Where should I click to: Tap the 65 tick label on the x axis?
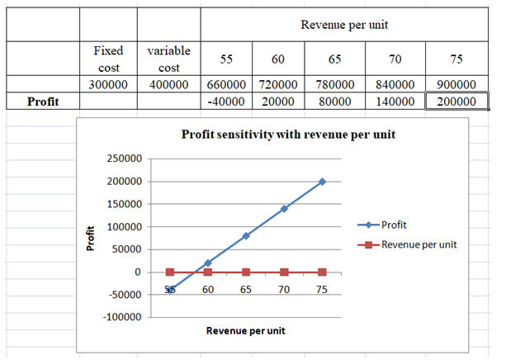pyautogui.click(x=246, y=290)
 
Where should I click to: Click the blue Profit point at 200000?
pyautogui.click(x=322, y=182)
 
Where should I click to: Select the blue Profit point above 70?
pyautogui.click(x=284, y=209)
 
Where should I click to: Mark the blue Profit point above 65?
pyautogui.click(x=246, y=236)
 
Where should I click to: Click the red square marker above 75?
pyautogui.click(x=322, y=272)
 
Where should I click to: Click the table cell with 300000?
pyautogui.click(x=107, y=84)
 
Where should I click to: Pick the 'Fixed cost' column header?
pyautogui.click(x=107, y=59)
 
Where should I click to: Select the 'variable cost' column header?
pyautogui.click(x=168, y=59)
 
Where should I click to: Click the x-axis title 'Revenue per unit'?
pyautogui.click(x=246, y=331)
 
